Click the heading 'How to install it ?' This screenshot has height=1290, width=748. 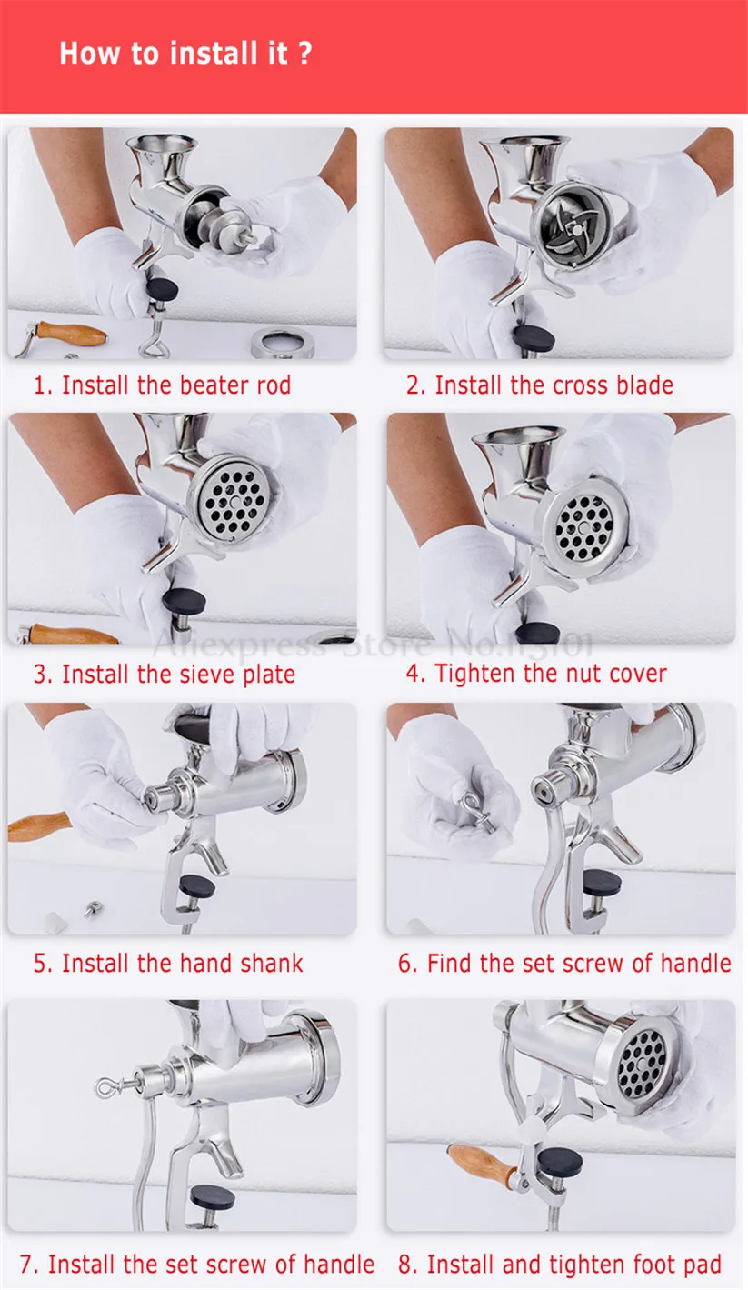click(185, 54)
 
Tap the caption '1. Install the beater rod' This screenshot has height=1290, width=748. click(163, 385)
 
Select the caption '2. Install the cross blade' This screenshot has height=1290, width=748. click(540, 385)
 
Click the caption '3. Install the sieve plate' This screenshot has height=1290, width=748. click(165, 675)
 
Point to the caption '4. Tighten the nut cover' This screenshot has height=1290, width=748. click(536, 674)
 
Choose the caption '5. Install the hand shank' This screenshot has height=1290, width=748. click(168, 963)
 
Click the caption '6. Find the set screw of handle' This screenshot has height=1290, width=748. click(564, 963)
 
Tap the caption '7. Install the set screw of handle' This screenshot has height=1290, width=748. click(197, 1264)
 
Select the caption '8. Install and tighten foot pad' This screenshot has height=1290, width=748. click(560, 1264)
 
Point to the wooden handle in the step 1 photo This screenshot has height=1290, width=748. click(70, 333)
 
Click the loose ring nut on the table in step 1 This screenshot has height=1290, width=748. click(283, 343)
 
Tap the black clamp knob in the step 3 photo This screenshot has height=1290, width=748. click(184, 602)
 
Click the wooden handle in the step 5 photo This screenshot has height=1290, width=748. click(38, 825)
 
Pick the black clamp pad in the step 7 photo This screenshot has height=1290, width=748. click(213, 1198)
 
